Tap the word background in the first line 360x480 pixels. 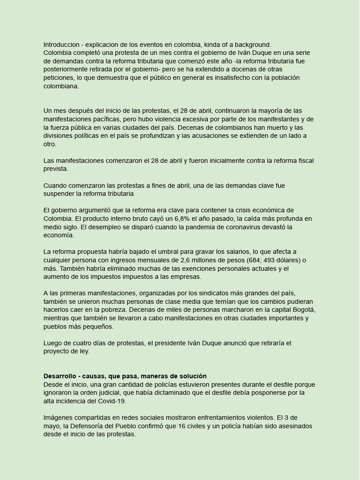pyautogui.click(x=253, y=45)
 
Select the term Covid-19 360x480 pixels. pyautogui.click(x=112, y=401)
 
